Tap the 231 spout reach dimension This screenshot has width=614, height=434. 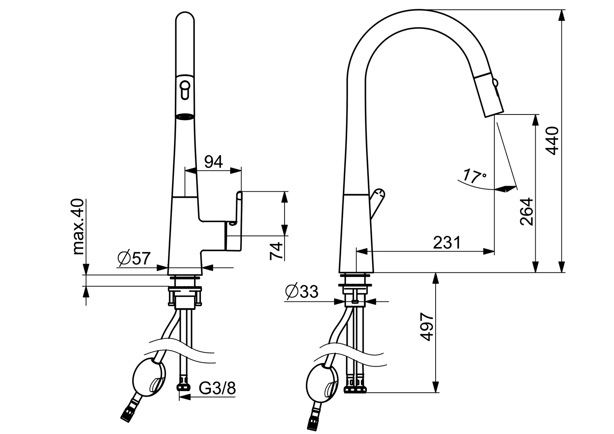(447, 243)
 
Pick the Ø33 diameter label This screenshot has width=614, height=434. (301, 291)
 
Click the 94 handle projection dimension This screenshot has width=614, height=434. (213, 162)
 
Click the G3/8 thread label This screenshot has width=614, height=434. (217, 388)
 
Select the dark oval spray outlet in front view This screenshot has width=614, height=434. (185, 117)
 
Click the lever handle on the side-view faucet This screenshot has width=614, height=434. (377, 203)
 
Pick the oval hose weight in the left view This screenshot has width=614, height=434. (148, 375)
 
